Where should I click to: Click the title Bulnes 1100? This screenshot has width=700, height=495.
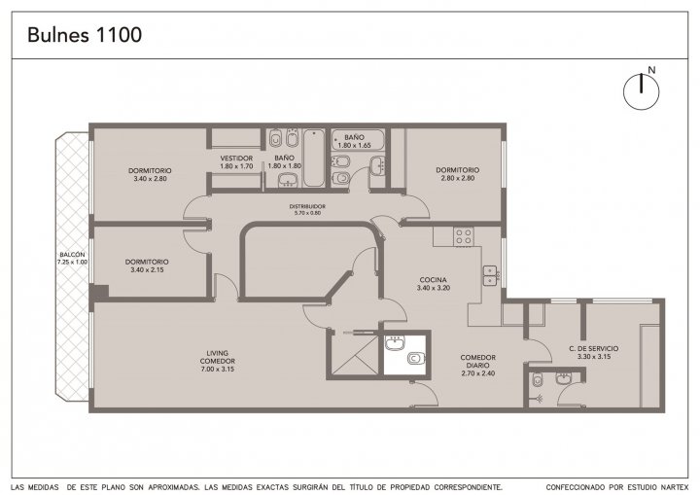point(85,35)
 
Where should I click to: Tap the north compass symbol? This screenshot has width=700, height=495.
point(641,91)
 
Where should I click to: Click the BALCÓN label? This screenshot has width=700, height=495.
point(72,255)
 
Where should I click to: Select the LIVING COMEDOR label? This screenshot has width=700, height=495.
point(218,357)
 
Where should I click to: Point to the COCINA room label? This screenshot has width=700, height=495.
point(433,280)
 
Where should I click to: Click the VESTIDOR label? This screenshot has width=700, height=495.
point(236,159)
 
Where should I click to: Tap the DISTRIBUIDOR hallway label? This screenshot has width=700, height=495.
point(307,206)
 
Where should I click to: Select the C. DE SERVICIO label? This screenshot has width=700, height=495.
point(594,348)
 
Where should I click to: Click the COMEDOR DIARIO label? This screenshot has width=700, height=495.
point(478,361)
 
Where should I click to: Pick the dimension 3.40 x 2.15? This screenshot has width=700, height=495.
point(147,269)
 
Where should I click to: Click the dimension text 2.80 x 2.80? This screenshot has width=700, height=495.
point(458,178)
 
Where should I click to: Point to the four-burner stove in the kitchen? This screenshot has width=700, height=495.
point(464,236)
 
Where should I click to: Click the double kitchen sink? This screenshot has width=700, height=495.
point(490,275)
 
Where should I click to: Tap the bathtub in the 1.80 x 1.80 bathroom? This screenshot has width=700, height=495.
point(314,158)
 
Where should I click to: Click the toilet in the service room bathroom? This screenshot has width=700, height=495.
point(537,380)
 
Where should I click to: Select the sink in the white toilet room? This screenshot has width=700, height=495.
point(395,343)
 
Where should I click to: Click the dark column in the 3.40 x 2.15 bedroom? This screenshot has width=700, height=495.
point(99,293)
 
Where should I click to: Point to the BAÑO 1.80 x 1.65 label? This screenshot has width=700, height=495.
point(355,141)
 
